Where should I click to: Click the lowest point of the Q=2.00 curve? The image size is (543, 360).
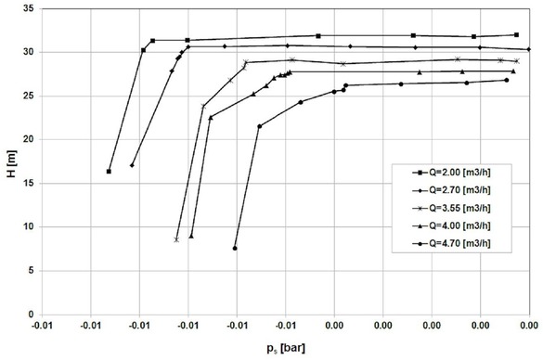pos(110,172)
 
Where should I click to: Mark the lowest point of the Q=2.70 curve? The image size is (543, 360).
pos(132,165)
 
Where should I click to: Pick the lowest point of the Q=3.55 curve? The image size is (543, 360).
pos(176,239)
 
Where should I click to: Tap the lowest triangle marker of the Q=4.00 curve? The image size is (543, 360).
pos(191,236)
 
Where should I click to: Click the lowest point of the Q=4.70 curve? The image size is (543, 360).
pos(235,248)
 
